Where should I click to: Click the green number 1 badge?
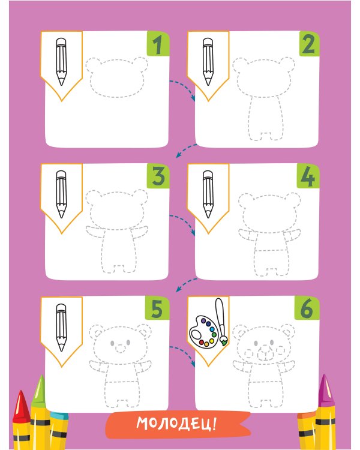point(158,44)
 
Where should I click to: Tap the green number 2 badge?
point(309,44)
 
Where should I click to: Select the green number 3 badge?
point(158,176)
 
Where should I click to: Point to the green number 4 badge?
point(308,176)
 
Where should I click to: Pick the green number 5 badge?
point(157,308)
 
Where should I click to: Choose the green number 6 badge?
point(307,308)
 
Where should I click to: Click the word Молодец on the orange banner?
point(173,424)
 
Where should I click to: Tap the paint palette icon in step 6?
point(203,332)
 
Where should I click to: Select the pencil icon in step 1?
point(61,62)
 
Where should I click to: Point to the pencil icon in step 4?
point(208,194)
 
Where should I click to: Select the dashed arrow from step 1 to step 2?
point(183,88)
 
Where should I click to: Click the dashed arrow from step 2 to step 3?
point(186,150)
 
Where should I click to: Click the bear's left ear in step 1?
point(94,65)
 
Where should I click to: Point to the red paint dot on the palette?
point(202,342)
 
